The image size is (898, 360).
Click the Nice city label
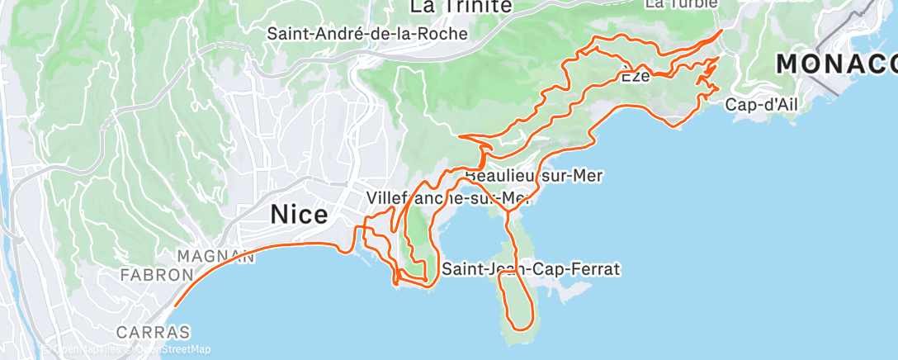[300, 215]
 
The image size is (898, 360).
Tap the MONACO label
[836, 64]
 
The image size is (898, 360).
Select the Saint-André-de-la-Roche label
[367, 34]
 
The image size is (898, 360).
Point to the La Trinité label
[461, 7]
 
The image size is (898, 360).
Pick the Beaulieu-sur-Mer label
[534, 176]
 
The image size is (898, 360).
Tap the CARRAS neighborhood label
[154, 332]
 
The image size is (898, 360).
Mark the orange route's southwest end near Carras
[175, 306]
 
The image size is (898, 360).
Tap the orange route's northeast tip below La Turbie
[722, 31]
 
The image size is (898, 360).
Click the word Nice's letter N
[280, 215]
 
